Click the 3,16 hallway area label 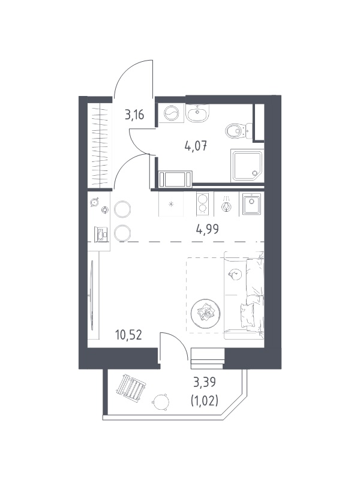(134, 115)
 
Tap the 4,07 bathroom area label (196, 146)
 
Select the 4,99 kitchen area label (208, 229)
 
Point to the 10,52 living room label (128, 335)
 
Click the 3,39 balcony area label (205, 382)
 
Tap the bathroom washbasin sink (197, 113)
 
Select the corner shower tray (248, 165)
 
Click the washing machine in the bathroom (172, 114)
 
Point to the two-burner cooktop (202, 203)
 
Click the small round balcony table (160, 401)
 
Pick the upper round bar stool (122, 209)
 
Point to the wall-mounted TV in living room (92, 295)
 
